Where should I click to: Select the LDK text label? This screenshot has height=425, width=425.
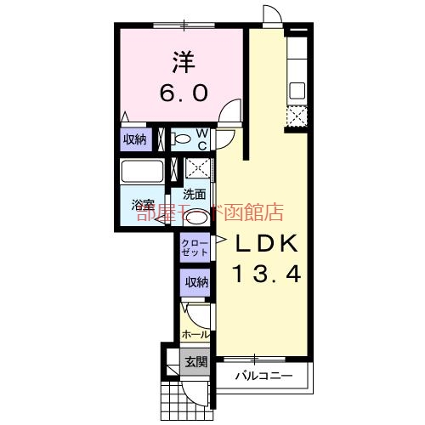click(x=264, y=244)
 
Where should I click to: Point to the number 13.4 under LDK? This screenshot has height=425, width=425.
click(x=264, y=274)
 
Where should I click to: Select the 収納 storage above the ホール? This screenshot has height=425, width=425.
click(x=195, y=282)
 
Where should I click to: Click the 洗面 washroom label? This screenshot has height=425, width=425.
click(x=194, y=193)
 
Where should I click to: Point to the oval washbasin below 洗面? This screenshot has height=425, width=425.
click(x=195, y=213)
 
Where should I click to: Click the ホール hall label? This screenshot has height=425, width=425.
click(x=195, y=334)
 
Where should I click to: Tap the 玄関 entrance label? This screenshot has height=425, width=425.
click(x=195, y=363)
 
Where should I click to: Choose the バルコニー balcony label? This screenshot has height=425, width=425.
click(x=263, y=376)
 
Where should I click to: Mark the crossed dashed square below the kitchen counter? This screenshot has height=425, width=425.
click(x=297, y=117)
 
